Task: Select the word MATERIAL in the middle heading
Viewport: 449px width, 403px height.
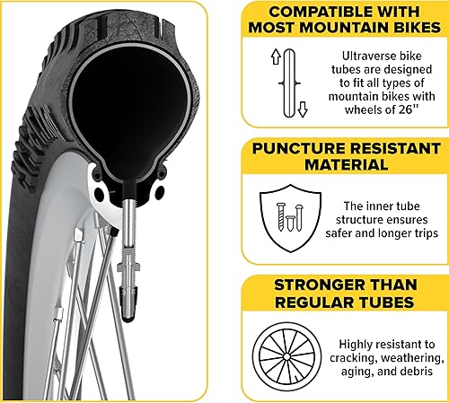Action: (x=347, y=164)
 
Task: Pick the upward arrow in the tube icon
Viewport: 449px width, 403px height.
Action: (x=275, y=61)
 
